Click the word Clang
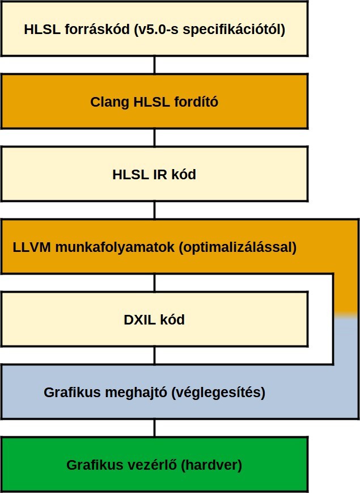click(109, 103)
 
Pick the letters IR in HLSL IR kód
click(160, 175)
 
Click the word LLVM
click(31, 247)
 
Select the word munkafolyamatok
click(115, 248)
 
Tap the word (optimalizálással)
click(238, 248)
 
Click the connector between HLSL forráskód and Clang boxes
click(155, 65)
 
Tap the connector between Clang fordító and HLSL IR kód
click(155, 138)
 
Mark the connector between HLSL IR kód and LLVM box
click(155, 210)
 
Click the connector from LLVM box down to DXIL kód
click(155, 283)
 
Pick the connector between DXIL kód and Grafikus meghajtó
click(155, 355)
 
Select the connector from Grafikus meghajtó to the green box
click(155, 428)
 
